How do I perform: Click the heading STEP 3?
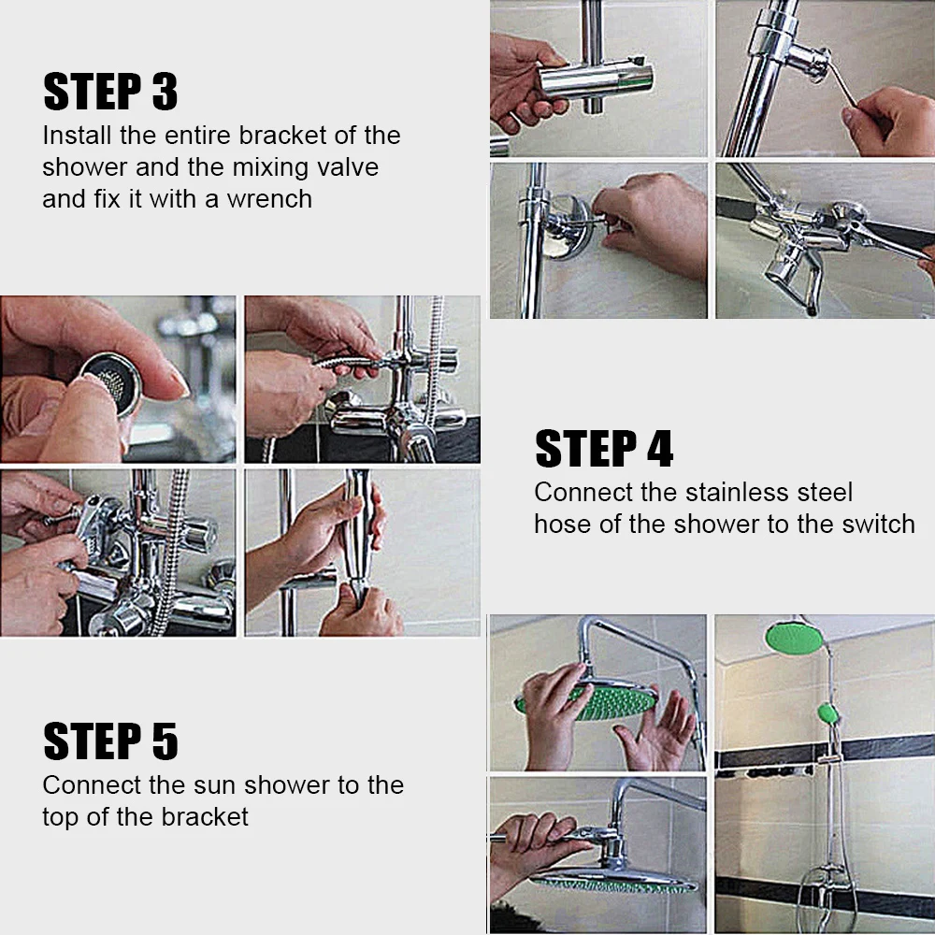click(x=110, y=92)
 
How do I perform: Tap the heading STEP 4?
click(x=604, y=449)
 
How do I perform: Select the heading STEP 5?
click(x=110, y=741)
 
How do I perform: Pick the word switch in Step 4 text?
click(x=878, y=525)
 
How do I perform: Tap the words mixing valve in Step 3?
click(x=305, y=167)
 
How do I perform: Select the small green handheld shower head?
click(x=828, y=713)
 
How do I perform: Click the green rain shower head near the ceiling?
click(x=794, y=638)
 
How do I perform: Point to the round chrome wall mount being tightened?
click(x=568, y=226)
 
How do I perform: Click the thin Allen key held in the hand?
click(x=840, y=83)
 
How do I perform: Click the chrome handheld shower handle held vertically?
click(x=358, y=537)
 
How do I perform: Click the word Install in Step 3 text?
click(x=77, y=136)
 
